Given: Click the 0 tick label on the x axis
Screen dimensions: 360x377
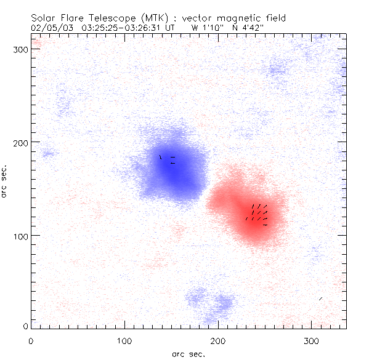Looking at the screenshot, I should (x=31, y=340).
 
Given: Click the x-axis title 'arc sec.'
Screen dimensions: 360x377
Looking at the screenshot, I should (x=188, y=354).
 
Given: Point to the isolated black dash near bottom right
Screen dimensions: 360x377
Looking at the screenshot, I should (x=320, y=299).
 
